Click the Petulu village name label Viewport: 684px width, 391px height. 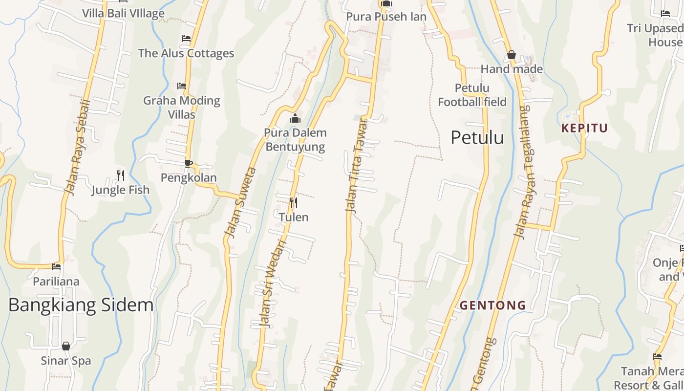click(x=477, y=138)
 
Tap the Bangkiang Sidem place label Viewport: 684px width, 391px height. click(x=81, y=305)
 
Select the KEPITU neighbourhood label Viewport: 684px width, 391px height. click(x=584, y=129)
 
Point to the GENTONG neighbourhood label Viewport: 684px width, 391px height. click(x=493, y=305)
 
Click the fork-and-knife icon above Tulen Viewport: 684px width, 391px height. click(x=294, y=202)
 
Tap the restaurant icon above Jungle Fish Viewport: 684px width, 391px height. click(x=121, y=175)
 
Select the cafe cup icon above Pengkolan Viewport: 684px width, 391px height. click(x=189, y=163)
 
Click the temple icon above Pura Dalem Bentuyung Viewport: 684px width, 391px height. click(x=295, y=119)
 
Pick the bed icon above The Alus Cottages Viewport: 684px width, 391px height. click(x=186, y=39)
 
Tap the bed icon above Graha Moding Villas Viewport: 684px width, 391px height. click(x=182, y=86)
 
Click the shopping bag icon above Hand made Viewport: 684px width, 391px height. click(x=512, y=55)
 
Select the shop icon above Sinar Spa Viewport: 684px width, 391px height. click(x=66, y=346)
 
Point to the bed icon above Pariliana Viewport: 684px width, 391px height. click(x=56, y=267)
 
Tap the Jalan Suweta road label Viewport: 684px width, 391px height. click(x=239, y=203)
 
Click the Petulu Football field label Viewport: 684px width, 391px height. click(x=472, y=95)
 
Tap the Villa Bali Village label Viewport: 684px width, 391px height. click(x=123, y=13)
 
